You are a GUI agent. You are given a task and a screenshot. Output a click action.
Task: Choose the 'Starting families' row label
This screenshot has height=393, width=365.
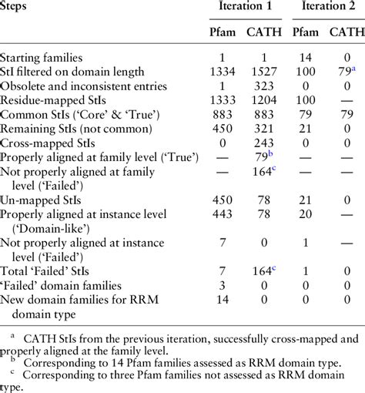(45, 58)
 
